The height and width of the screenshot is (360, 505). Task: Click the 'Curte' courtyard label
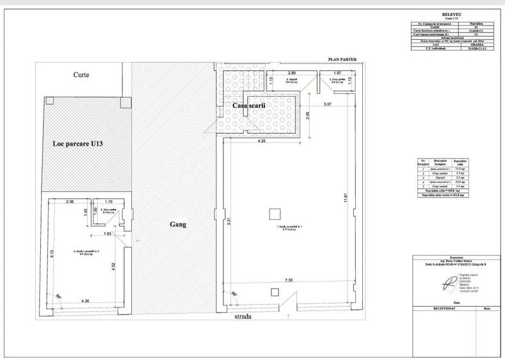pos(81,75)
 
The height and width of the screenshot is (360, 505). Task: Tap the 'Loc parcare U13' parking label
pos(77,144)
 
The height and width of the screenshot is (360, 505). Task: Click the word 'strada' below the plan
pos(243,316)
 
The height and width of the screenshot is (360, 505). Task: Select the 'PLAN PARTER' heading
pos(342,59)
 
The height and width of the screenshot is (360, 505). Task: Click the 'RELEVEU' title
pos(452,14)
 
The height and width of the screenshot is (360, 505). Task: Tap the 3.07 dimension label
pos(328,104)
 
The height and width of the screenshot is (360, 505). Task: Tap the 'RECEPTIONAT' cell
pos(445,308)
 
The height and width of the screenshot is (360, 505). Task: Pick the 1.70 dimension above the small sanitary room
pos(108,201)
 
